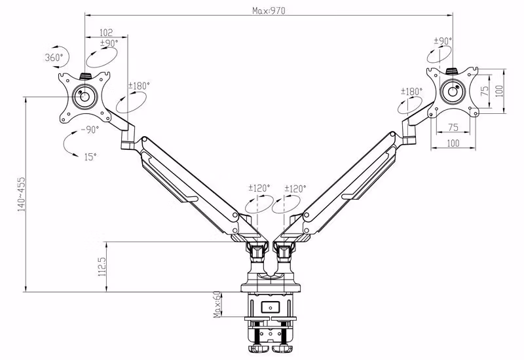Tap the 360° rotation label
[53, 58]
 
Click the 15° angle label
[89, 156]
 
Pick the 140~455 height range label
[21, 194]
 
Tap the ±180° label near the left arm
[139, 86]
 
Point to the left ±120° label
[259, 189]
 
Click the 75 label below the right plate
[453, 128]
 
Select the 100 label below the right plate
[453, 143]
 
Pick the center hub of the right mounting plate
[452, 91]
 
